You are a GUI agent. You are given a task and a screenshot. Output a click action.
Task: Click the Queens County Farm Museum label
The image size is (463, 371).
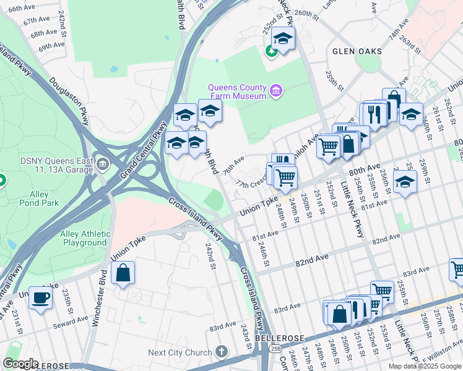(237, 92)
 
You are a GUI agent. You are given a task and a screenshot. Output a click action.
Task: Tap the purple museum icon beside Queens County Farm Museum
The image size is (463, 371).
(276, 92)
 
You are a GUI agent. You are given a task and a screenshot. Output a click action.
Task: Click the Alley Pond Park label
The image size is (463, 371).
(38, 198)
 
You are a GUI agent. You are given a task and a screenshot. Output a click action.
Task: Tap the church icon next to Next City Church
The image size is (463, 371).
(221, 352)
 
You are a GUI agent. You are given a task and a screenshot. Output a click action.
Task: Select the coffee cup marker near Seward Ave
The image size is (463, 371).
(41, 298)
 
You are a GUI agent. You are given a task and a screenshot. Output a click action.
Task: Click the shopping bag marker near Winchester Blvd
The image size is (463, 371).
(123, 273)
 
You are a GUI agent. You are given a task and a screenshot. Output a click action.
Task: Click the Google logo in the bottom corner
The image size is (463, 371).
(20, 364)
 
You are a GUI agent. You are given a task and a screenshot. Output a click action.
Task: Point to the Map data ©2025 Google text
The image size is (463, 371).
(425, 366)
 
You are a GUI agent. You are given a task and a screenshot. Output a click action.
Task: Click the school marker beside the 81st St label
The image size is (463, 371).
(405, 183)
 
